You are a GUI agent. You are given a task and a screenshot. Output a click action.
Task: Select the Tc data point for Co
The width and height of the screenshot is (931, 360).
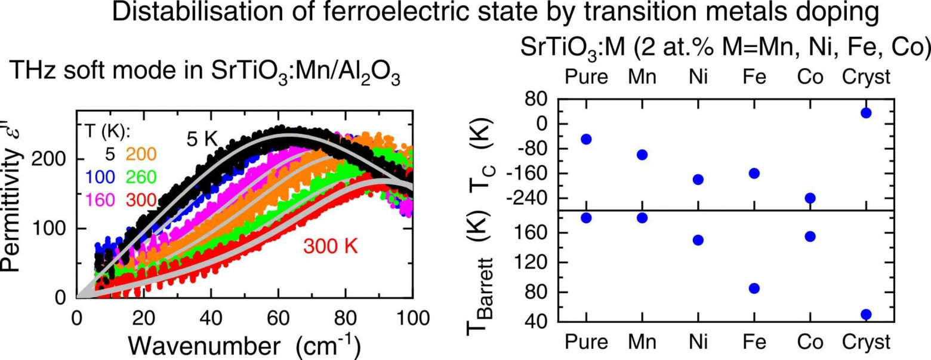tap(810, 198)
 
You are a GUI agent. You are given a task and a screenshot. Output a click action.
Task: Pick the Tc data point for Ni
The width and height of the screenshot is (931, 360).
tap(698, 179)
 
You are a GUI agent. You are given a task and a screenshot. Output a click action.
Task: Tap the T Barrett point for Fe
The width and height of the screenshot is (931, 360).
tap(754, 288)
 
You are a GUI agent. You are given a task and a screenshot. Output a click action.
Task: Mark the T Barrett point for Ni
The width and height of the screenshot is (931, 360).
tap(698, 240)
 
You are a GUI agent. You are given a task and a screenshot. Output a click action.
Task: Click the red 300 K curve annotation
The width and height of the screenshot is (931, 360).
tap(330, 245)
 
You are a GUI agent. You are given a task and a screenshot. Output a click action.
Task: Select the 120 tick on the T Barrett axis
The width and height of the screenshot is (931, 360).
tap(530, 263)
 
